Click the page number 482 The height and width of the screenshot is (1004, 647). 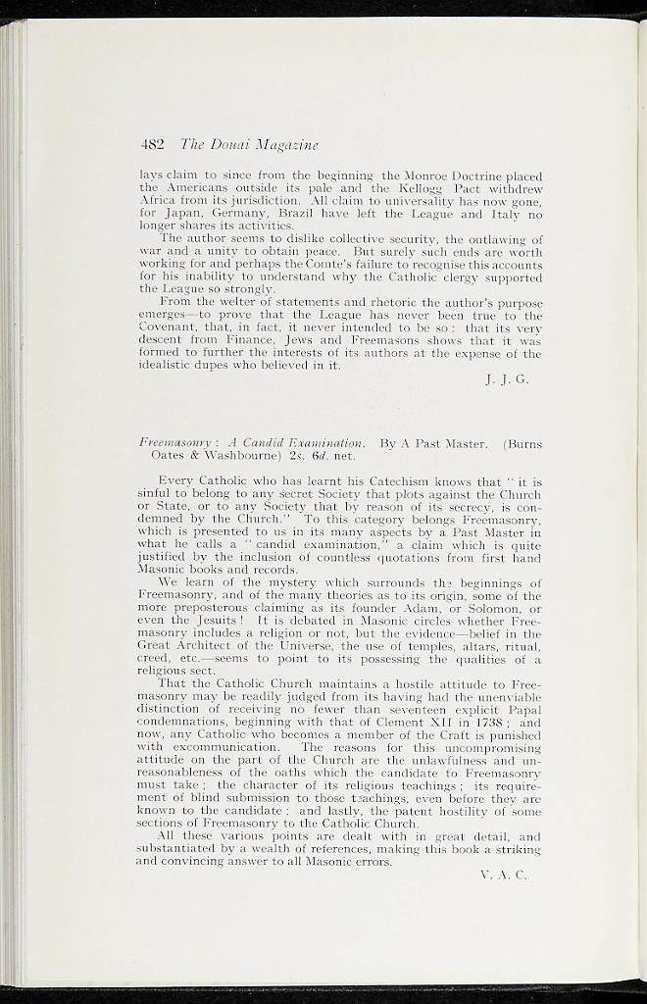tap(151, 145)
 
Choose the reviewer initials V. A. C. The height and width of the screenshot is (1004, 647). tap(506, 875)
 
